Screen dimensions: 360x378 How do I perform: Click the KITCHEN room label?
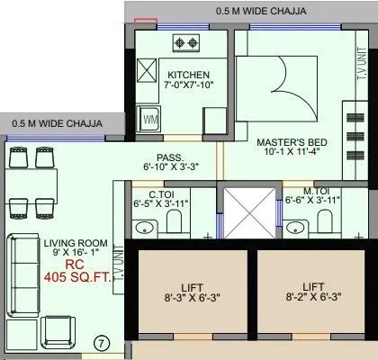[x=189, y=75]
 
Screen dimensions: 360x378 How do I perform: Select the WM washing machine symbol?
[x=150, y=119]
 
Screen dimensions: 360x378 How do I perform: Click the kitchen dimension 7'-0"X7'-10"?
[x=188, y=86]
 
